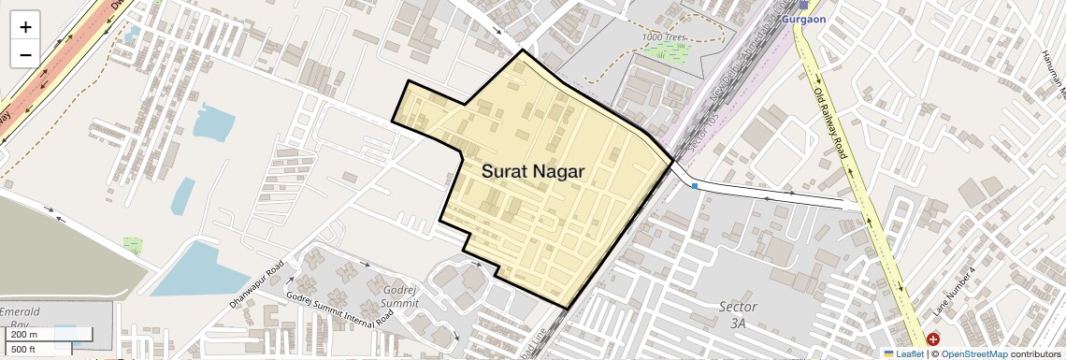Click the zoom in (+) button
click(x=25, y=27)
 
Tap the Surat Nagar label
click(x=533, y=172)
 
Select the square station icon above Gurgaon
click(x=802, y=4)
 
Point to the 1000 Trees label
click(x=664, y=37)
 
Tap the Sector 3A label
click(x=738, y=314)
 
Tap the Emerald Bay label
click(x=21, y=317)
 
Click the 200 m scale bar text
click(x=24, y=335)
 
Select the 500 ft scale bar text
click(x=24, y=349)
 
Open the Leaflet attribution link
click(x=903, y=353)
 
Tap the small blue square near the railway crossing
click(x=695, y=187)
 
